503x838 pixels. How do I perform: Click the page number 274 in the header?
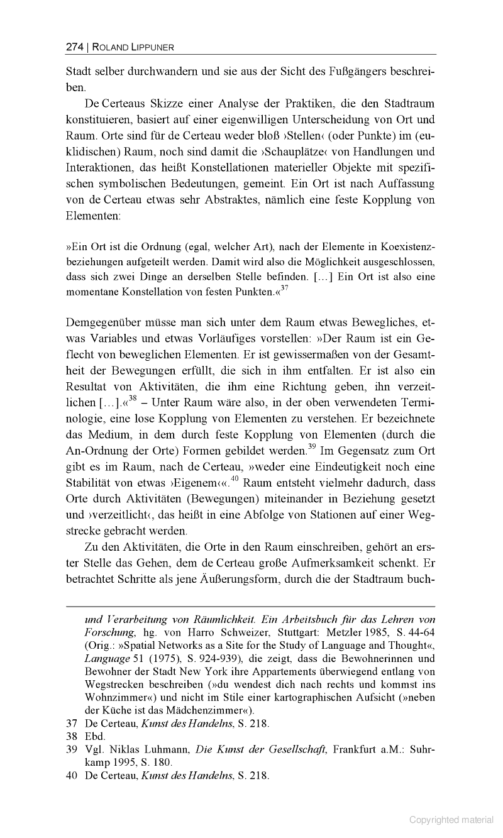(74, 47)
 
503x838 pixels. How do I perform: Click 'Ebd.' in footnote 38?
(96, 736)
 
